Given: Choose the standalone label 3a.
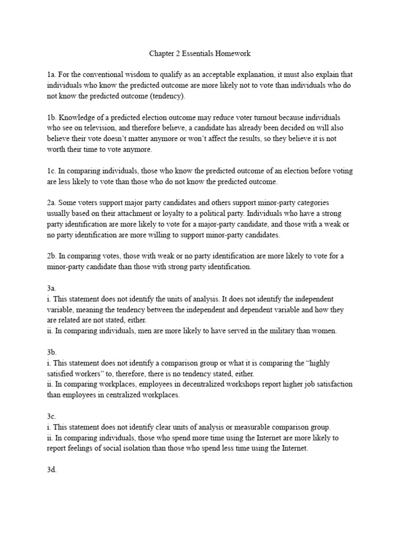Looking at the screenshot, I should coord(52,288).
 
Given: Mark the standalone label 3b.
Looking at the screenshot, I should coord(52,352).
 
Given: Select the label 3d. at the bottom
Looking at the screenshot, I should coord(52,469).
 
